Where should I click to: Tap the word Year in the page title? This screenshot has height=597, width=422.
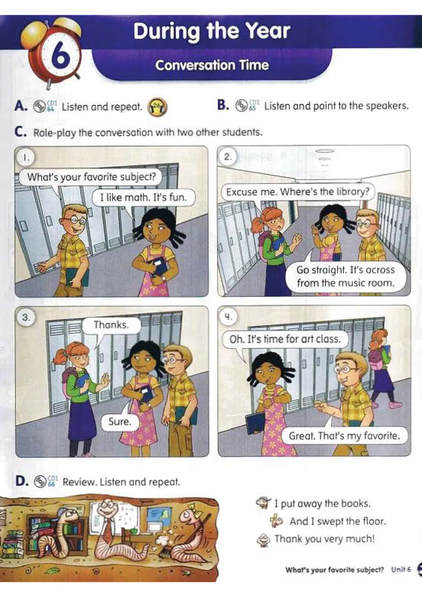tap(268, 31)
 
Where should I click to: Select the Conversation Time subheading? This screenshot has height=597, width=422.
tap(212, 65)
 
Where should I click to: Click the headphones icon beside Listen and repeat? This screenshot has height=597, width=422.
tap(158, 107)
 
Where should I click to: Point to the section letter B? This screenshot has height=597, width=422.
tap(223, 105)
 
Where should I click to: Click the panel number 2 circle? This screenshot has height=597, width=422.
tap(227, 157)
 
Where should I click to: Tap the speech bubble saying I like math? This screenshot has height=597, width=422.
tap(143, 197)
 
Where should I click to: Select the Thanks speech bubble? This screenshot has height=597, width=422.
tap(111, 325)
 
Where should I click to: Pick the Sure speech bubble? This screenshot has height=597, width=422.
tap(120, 422)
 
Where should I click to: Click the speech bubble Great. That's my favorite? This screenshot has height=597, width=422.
tap(345, 436)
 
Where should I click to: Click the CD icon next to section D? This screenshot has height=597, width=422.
tap(40, 482)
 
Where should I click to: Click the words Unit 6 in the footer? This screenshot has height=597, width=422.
tap(401, 569)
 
